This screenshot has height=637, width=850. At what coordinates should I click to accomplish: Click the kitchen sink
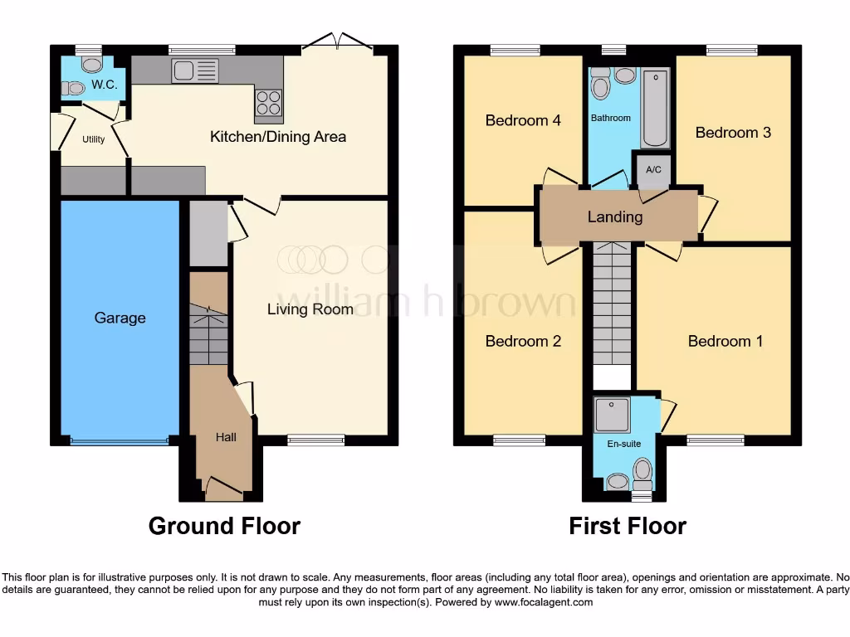(x=195, y=71)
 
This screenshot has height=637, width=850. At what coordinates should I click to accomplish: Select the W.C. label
(x=105, y=85)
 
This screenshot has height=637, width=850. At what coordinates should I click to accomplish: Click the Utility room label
(x=94, y=139)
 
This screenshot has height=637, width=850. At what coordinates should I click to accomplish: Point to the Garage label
(x=120, y=318)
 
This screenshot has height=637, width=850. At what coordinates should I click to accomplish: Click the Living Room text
(x=310, y=309)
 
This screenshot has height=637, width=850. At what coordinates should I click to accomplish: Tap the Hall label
(x=227, y=436)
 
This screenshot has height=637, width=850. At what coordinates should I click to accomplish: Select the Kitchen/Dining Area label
(x=277, y=137)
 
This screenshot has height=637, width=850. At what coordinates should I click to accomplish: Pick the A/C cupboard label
(x=653, y=170)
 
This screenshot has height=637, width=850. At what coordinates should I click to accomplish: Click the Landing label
(x=615, y=216)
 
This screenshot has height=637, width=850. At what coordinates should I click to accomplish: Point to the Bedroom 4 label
(x=523, y=120)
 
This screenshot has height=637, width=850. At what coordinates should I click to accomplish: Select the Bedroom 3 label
(x=733, y=133)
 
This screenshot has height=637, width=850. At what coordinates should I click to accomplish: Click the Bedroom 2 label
(x=523, y=341)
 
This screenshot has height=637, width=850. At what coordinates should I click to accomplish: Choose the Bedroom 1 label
(x=725, y=341)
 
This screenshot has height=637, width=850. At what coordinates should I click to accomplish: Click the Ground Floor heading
(x=224, y=526)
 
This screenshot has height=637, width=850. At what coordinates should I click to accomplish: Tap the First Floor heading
(x=628, y=526)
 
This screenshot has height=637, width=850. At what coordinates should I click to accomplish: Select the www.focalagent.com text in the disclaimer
(x=543, y=603)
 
